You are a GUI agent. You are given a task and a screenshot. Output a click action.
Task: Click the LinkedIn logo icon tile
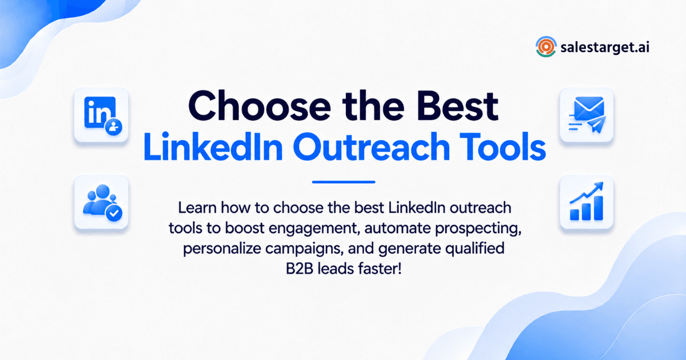(101, 115)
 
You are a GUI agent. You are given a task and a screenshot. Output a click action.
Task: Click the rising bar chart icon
(587, 202)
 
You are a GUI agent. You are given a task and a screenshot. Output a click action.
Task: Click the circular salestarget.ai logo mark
(546, 47)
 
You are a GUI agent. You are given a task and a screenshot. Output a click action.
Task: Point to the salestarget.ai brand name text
(605, 47)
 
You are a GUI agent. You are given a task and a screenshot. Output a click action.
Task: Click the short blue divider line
(344, 182)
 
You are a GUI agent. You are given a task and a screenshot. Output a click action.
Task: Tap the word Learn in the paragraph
(197, 208)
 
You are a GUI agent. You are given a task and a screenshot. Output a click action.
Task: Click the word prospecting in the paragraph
(478, 229)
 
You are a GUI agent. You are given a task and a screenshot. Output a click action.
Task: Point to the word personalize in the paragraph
(222, 249)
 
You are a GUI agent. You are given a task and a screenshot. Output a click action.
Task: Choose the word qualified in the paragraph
(474, 249)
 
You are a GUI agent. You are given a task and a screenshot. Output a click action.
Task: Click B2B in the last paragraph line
(300, 269)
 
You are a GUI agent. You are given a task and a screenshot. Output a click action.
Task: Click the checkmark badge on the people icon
(114, 213)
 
